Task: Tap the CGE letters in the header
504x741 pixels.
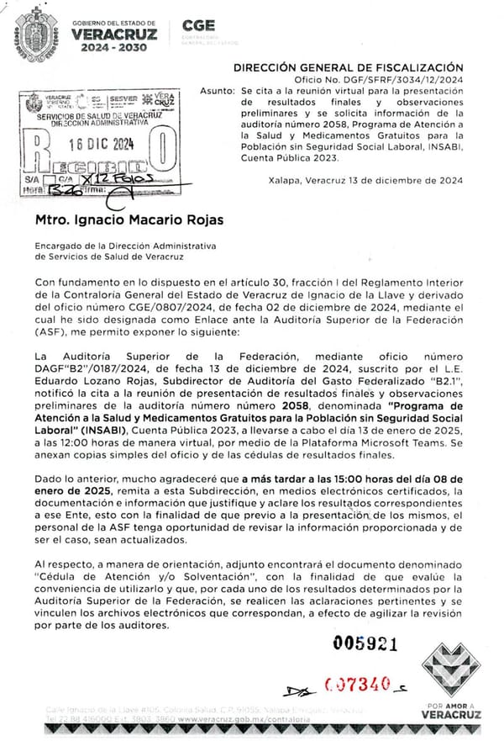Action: pyautogui.click(x=198, y=25)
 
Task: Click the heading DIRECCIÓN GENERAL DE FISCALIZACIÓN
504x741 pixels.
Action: pyautogui.click(x=348, y=66)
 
